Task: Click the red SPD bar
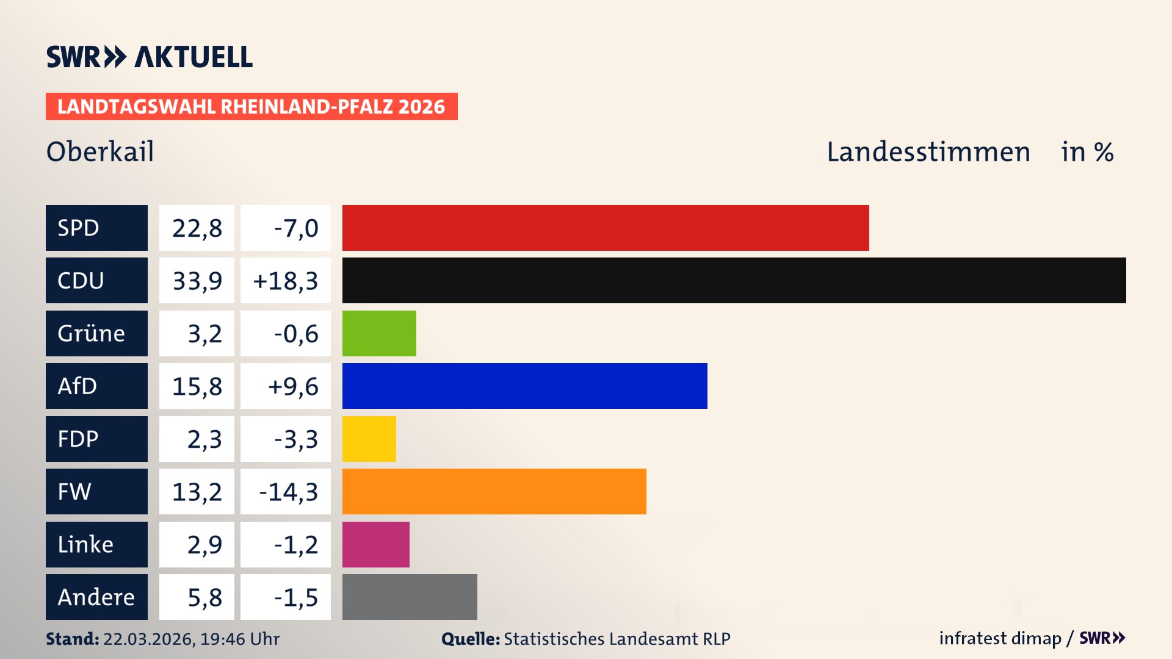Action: pyautogui.click(x=605, y=228)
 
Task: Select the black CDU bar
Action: pyautogui.click(x=734, y=280)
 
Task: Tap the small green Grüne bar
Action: pyautogui.click(x=379, y=333)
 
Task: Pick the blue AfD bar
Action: pyautogui.click(x=524, y=386)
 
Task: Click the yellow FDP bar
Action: pyautogui.click(x=369, y=439)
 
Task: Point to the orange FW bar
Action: pyautogui.click(x=494, y=491)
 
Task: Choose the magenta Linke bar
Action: pyautogui.click(x=375, y=544)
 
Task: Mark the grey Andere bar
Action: pyautogui.click(x=410, y=597)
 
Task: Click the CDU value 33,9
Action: pyautogui.click(x=197, y=281)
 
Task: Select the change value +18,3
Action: pyautogui.click(x=285, y=281)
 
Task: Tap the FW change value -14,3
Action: pyautogui.click(x=288, y=492)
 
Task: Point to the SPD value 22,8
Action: pyautogui.click(x=197, y=228)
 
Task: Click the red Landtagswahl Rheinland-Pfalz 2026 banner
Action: pyautogui.click(x=251, y=107)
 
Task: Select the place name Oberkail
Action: pyautogui.click(x=100, y=151)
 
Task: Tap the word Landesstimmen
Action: pyautogui.click(x=928, y=152)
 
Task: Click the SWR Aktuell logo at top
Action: pyautogui.click(x=149, y=57)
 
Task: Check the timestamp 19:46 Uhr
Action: pyautogui.click(x=239, y=639)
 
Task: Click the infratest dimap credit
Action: pyautogui.click(x=999, y=638)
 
